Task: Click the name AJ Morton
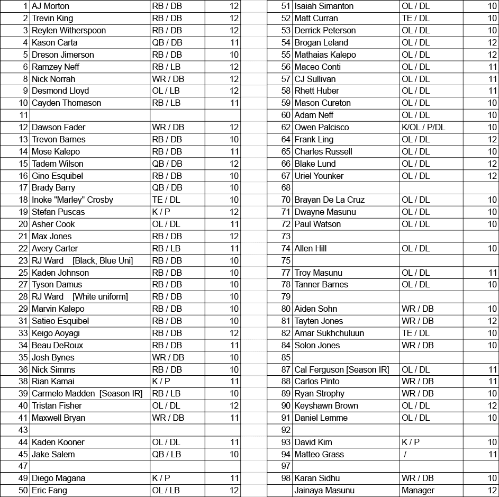50,6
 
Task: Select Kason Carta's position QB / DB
167,43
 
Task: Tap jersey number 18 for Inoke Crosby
23,200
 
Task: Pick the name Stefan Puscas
58,212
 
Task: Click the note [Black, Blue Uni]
103,261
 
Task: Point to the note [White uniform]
100,297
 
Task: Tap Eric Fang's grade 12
234,491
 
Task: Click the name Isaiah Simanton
324,6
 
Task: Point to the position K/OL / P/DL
423,128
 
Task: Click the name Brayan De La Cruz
329,200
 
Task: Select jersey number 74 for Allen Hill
286,249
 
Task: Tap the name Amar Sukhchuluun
329,333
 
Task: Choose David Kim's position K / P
411,442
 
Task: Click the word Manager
418,491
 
